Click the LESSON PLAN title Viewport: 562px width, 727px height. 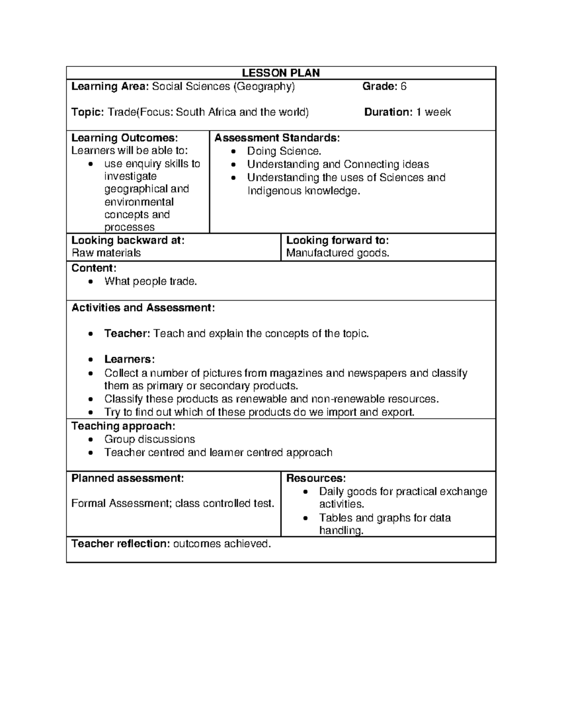(281, 73)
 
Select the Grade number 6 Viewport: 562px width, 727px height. (403, 86)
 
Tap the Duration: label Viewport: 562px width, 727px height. (388, 112)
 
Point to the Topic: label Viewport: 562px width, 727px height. (87, 112)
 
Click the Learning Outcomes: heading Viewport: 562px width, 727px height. (125, 138)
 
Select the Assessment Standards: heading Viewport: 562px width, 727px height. (277, 138)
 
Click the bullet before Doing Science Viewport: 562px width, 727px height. (235, 151)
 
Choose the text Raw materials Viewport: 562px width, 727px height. (106, 253)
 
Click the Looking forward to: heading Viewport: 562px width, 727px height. (337, 240)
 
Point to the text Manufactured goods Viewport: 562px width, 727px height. (338, 253)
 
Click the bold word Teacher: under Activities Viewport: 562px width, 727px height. (127, 333)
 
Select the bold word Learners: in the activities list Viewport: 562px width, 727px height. (129, 359)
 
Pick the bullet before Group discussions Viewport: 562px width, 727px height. (91, 440)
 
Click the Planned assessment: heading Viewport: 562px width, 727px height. (127, 478)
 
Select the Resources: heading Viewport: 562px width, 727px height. (316, 478)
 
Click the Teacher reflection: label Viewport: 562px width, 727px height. (120, 543)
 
